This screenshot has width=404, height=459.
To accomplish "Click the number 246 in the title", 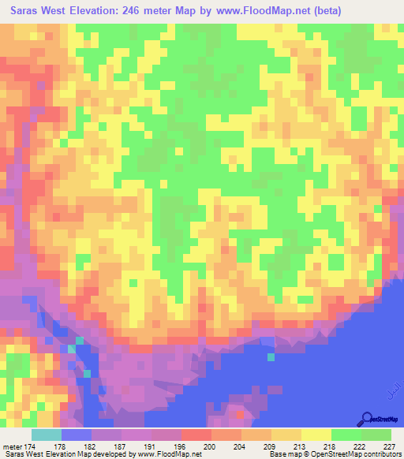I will pos(155,10).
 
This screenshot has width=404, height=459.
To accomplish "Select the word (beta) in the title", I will pos(379,10).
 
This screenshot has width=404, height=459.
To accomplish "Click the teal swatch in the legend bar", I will pos(46,435).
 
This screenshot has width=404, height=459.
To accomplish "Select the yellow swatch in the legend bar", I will pos(316,435).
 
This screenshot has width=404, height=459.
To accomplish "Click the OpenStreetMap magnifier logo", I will pos(366,419).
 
